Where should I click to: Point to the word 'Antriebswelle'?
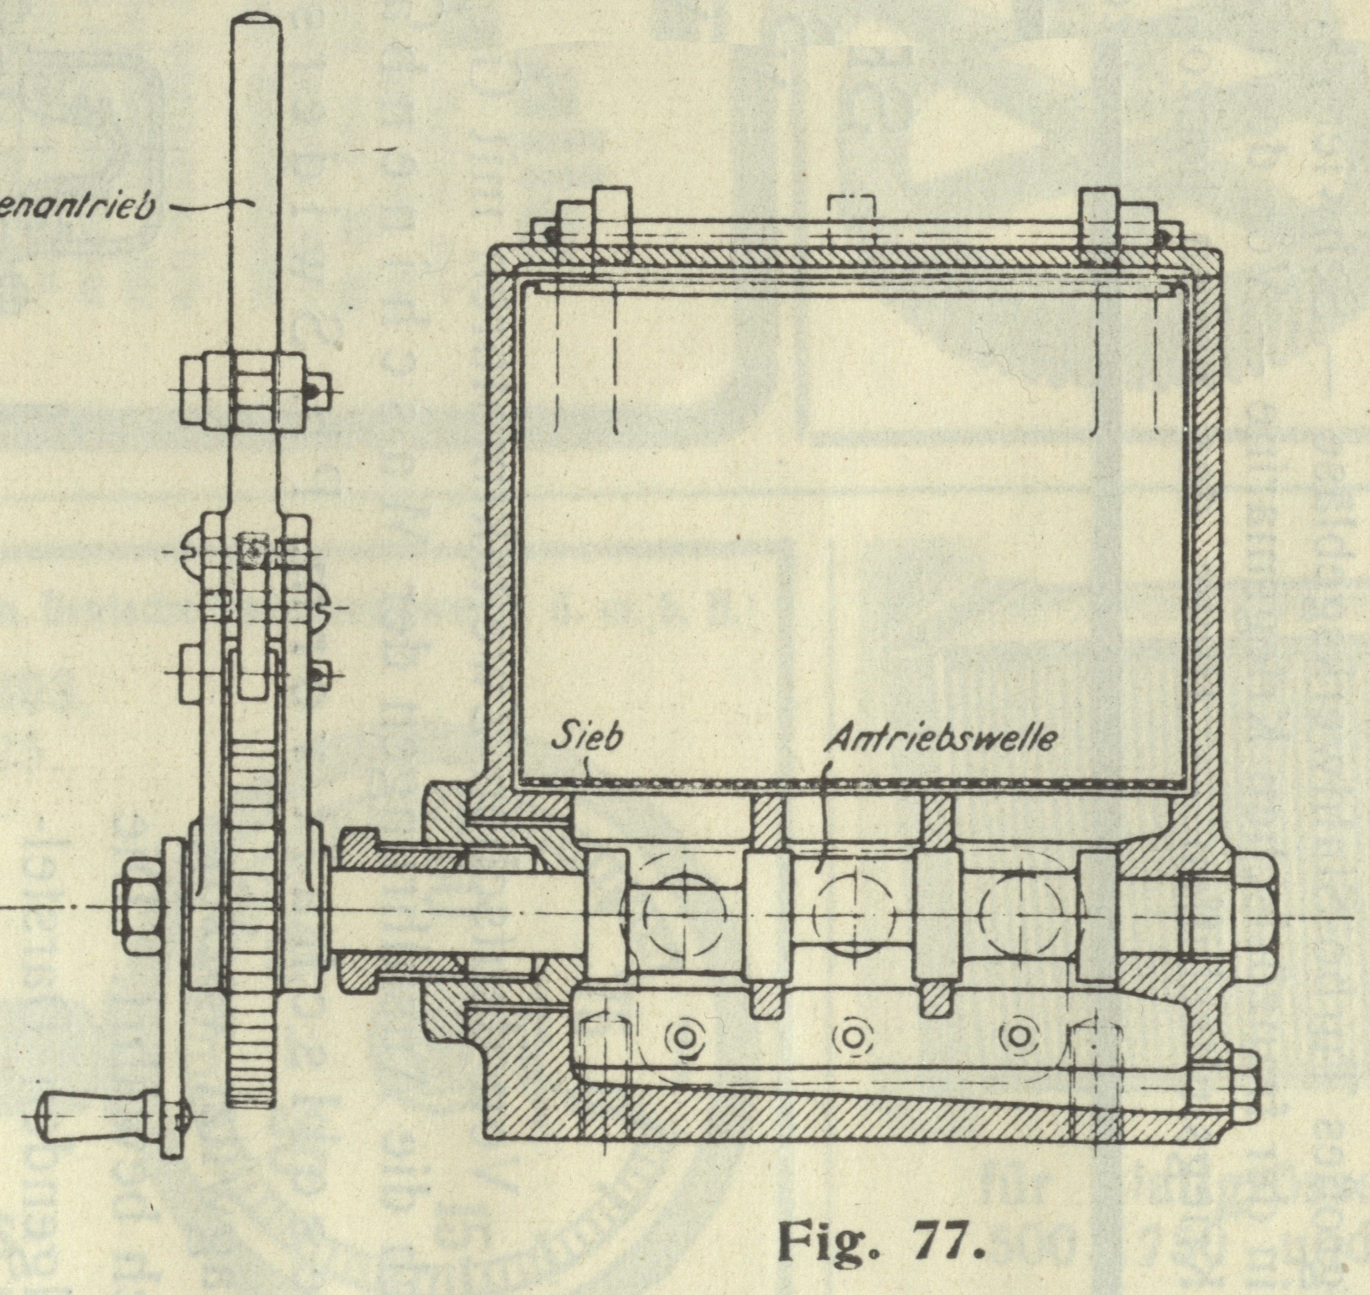click(x=940, y=739)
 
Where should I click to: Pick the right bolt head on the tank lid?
click(x=1100, y=211)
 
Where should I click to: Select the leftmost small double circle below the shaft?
click(x=682, y=1037)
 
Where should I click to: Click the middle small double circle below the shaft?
click(x=853, y=1037)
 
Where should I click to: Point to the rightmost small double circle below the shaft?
click(x=1020, y=1037)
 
